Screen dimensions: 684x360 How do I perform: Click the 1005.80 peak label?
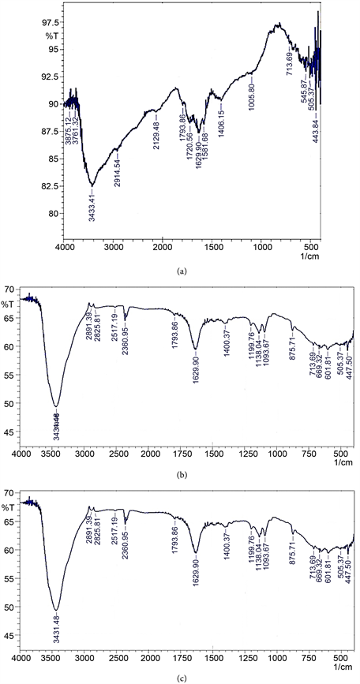252,93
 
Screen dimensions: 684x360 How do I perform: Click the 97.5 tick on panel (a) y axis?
51,23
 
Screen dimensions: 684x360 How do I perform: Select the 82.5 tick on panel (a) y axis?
51,186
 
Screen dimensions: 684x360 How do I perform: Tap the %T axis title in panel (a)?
52,37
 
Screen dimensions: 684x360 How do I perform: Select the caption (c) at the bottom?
182,675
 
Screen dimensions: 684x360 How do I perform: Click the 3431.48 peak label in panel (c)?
56,627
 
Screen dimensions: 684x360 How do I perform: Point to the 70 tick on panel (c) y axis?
10,493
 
